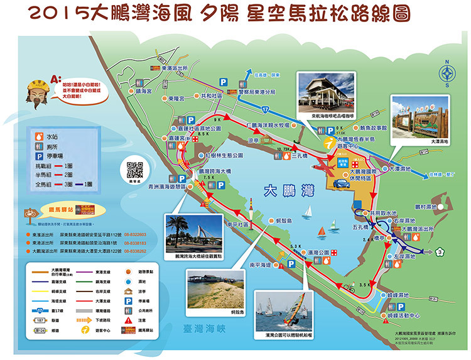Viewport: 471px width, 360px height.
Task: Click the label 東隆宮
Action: click(x=176, y=99)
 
